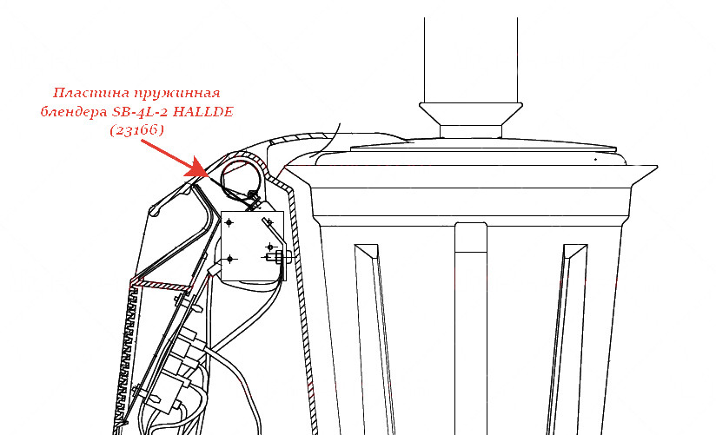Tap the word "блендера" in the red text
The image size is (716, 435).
pyautogui.click(x=74, y=112)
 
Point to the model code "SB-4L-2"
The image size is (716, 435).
pyautogui.click(x=140, y=112)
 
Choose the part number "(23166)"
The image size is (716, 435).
pyautogui.click(x=136, y=130)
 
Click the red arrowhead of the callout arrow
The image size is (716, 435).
pyautogui.click(x=197, y=168)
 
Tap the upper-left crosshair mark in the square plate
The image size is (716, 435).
pyautogui.click(x=229, y=223)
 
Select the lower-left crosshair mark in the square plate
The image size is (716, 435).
pyautogui.click(x=229, y=259)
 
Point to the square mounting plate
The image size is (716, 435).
pyautogui.click(x=252, y=246)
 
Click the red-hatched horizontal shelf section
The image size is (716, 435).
pyautogui.click(x=161, y=287)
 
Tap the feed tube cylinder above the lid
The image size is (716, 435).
pyautogui.click(x=471, y=60)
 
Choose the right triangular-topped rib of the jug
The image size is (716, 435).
pyautogui.click(x=566, y=339)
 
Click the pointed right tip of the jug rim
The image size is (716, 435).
pyautogui.click(x=657, y=166)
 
